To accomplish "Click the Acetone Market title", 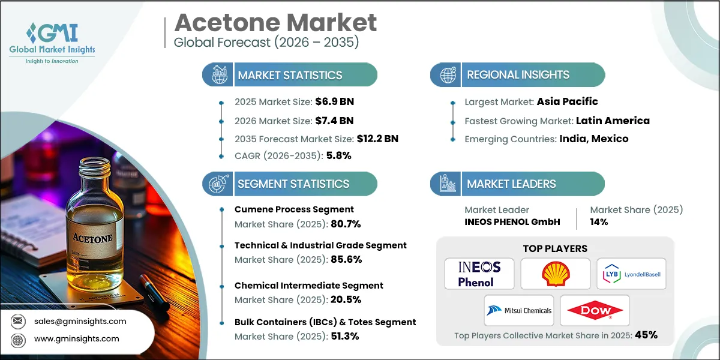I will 275,23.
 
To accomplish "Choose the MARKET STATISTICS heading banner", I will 290,75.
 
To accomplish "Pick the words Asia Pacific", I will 567,101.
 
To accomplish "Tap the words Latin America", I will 612,121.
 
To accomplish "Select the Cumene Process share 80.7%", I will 345,224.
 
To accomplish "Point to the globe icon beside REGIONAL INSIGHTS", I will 448,75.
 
